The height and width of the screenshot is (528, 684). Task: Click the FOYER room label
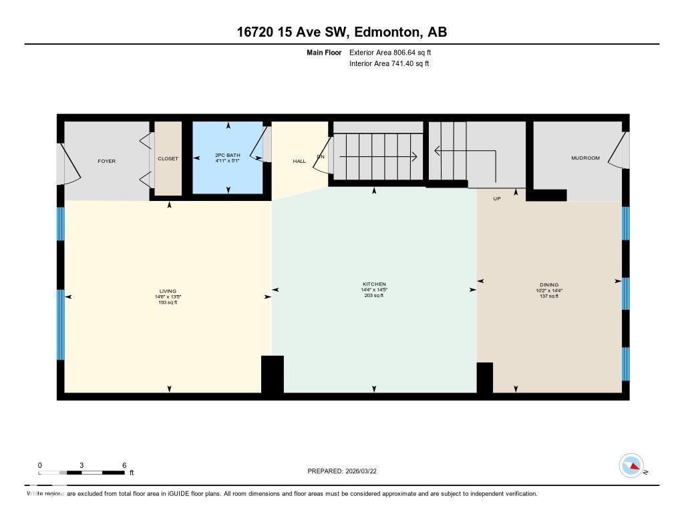click(107, 161)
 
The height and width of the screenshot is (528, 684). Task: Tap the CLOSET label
click(168, 158)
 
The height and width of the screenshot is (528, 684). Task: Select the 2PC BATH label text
click(228, 155)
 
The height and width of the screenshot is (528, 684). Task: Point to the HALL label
click(299, 161)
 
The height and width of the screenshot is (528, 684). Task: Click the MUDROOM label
click(585, 158)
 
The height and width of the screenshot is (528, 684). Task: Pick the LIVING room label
click(168, 291)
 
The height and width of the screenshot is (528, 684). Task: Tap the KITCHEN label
click(374, 284)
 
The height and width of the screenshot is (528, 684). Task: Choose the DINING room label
click(549, 285)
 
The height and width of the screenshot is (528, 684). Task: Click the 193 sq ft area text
click(168, 302)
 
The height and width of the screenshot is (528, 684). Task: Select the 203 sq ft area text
click(374, 296)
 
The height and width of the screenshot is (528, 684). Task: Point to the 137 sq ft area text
click(549, 296)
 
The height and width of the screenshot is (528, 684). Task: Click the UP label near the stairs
click(497, 198)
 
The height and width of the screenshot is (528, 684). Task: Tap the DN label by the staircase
click(321, 156)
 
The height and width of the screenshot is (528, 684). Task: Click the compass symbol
click(631, 465)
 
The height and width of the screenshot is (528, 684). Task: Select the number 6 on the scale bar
click(124, 465)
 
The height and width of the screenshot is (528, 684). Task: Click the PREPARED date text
click(346, 471)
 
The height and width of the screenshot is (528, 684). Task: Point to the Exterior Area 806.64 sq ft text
click(395, 52)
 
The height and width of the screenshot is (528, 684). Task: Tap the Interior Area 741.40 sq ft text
click(389, 64)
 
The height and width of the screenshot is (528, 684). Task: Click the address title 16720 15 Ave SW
click(293, 32)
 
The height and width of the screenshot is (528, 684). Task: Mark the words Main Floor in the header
click(324, 52)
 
